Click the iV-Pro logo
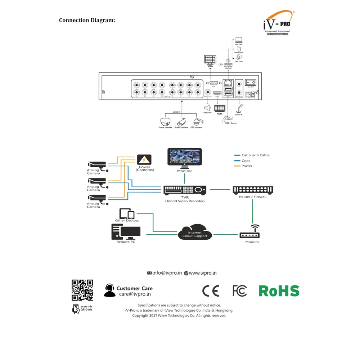[278, 23]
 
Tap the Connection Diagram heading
[87, 20]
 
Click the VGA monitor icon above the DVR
[210, 60]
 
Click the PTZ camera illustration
[197, 121]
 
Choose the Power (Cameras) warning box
[144, 160]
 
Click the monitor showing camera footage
[185, 158]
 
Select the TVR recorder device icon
[185, 190]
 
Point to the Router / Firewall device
[253, 190]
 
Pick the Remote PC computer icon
[125, 232]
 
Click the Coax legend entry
[246, 161]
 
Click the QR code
[82, 290]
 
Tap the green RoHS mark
[279, 291]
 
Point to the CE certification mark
[211, 291]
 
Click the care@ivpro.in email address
[135, 294]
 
